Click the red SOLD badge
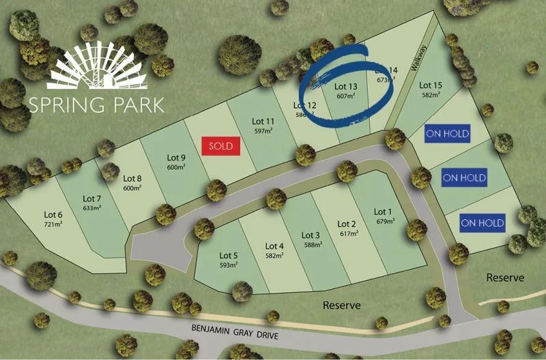click(221, 146)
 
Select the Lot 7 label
click(92, 199)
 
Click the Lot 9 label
click(176, 158)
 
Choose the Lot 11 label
click(263, 121)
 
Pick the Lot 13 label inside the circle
click(345, 87)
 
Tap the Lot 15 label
click(431, 85)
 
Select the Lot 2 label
click(347, 224)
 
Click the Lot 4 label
click(274, 247)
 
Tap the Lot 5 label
click(229, 255)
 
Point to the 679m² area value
click(385, 221)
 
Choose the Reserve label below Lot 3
click(341, 305)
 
